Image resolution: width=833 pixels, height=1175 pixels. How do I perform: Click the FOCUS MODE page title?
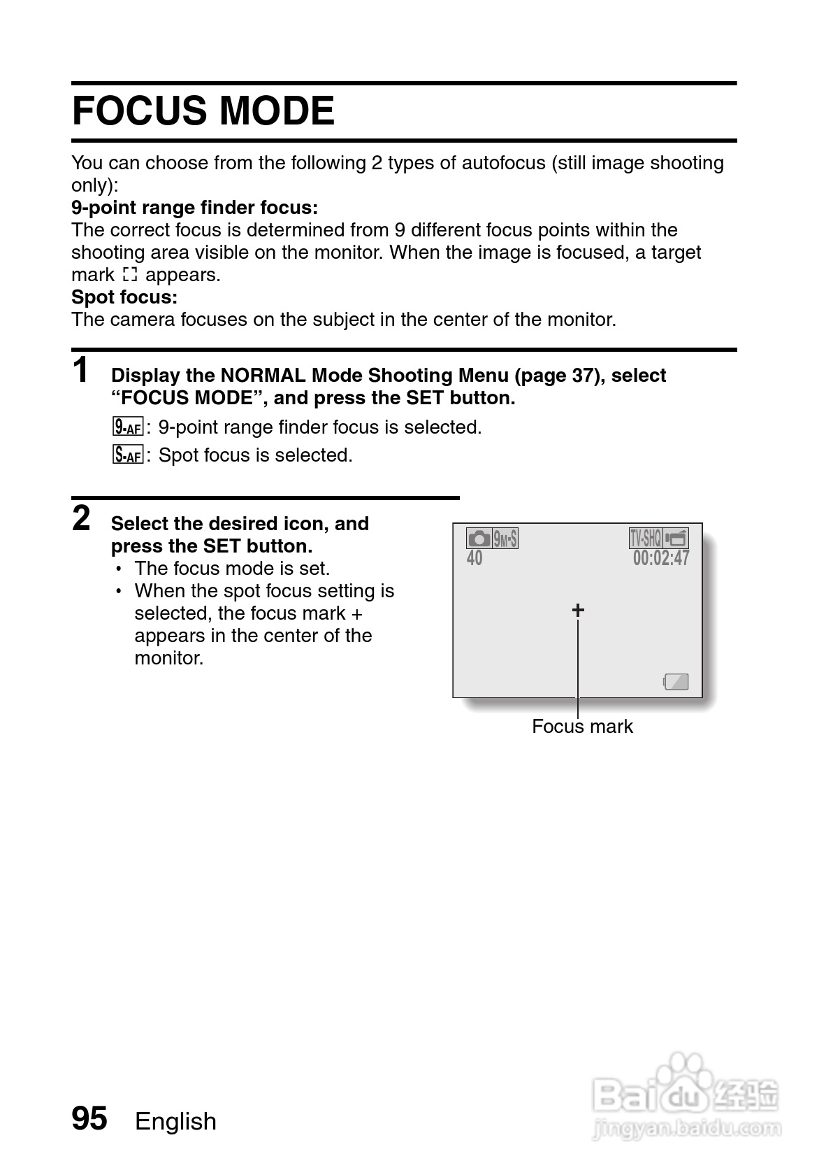point(203,111)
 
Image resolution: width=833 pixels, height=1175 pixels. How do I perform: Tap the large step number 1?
point(82,370)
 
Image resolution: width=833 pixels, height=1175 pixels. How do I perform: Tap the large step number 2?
point(82,519)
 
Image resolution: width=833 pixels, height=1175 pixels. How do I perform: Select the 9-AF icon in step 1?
point(127,427)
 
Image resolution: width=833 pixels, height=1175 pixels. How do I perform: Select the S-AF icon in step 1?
point(127,455)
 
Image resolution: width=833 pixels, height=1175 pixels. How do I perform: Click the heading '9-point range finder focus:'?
point(194,208)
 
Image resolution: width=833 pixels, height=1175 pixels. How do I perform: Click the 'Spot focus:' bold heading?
point(124,297)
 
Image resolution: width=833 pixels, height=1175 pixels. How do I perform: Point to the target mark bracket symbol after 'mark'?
point(130,275)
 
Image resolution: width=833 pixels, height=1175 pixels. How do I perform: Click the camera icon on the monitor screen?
point(479,539)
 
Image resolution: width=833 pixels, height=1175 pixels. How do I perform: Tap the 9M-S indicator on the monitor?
point(505,539)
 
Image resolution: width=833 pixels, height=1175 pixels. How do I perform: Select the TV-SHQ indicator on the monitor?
point(645,538)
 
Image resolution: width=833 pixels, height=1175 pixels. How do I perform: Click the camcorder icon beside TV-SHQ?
point(676,538)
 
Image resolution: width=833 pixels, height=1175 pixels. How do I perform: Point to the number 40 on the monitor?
point(475,558)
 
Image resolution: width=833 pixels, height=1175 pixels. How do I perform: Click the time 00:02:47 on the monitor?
point(661,558)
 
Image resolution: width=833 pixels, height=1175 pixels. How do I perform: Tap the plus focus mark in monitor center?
point(578,611)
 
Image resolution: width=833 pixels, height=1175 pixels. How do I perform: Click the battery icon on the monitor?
point(676,682)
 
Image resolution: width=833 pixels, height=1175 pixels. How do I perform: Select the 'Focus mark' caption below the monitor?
point(582,727)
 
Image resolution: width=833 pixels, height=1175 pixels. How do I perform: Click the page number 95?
point(89,1118)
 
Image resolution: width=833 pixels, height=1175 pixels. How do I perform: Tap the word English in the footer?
point(175,1122)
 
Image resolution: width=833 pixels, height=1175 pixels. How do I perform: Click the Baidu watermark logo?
point(686,1097)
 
